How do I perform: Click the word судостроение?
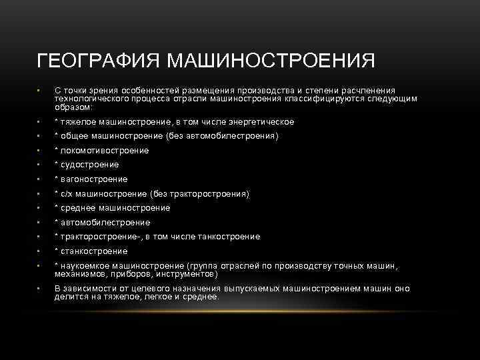(x=89, y=165)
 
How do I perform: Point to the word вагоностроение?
(x=94, y=179)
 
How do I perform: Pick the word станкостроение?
(x=94, y=251)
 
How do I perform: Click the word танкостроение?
(x=225, y=237)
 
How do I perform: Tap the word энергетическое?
(x=261, y=122)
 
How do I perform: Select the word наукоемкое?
(x=85, y=266)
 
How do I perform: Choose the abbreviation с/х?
(x=67, y=194)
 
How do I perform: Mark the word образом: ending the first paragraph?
(x=74, y=107)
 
